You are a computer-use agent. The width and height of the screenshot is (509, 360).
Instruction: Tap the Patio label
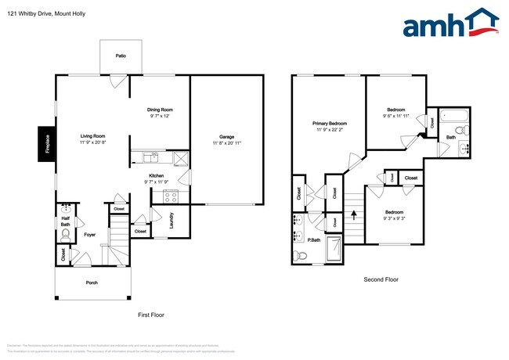[x=121, y=56]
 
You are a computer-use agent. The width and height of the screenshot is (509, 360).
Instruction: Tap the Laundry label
[x=172, y=224]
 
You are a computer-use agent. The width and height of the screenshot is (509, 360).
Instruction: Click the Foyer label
[x=89, y=234]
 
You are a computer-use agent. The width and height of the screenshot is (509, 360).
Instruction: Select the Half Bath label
[x=65, y=221]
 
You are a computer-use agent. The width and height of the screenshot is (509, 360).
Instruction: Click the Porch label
[x=92, y=283]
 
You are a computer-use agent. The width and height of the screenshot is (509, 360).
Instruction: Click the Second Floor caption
[x=381, y=279]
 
